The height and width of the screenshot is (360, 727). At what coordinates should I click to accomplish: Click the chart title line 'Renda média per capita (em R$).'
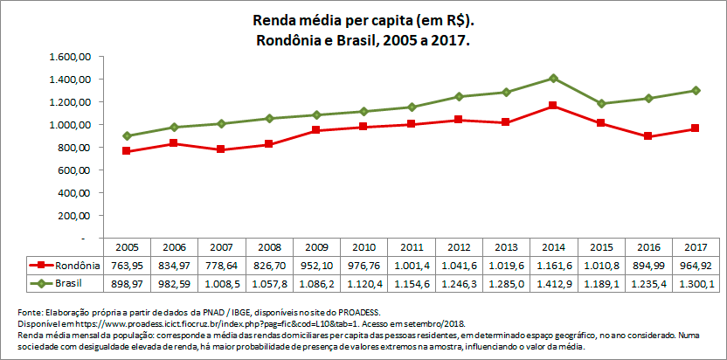(x=363, y=19)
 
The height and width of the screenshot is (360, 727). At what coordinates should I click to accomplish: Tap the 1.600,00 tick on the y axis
(x=72, y=57)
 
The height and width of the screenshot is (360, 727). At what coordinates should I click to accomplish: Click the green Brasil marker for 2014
(x=554, y=78)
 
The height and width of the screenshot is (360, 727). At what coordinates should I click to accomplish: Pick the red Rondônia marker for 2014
(x=554, y=106)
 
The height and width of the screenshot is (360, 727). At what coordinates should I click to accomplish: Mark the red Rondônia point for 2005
(x=127, y=151)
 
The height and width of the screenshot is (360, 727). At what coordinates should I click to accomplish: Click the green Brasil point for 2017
(x=696, y=90)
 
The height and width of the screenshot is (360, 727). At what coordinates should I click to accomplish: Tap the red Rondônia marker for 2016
(x=648, y=136)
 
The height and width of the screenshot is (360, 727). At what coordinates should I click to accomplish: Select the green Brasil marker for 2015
(x=601, y=103)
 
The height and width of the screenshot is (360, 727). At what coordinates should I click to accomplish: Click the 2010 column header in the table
(x=364, y=247)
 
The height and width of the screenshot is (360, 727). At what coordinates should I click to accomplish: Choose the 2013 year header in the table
(x=507, y=247)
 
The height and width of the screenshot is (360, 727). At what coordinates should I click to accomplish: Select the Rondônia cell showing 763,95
(x=127, y=265)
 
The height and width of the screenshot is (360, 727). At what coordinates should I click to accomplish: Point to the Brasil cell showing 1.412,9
(x=554, y=283)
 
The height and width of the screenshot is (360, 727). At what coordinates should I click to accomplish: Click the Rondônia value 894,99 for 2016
(x=648, y=265)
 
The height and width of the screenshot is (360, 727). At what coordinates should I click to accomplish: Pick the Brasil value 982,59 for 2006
(x=175, y=283)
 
